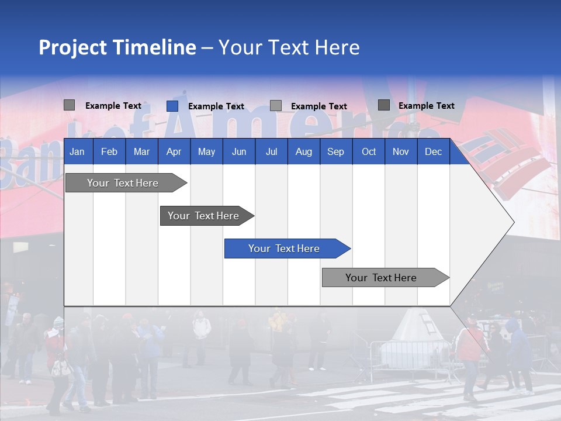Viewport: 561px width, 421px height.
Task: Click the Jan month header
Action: [x=77, y=152]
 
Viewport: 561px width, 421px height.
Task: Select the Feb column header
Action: [x=109, y=152]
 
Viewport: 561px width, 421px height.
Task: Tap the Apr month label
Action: [x=174, y=152]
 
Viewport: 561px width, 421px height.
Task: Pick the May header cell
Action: [x=206, y=152]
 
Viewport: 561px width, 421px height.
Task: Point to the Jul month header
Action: [x=271, y=152]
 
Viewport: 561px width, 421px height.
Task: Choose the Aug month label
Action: [x=303, y=152]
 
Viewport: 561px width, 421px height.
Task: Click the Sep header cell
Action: [x=335, y=152]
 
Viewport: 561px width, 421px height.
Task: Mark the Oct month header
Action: [x=369, y=152]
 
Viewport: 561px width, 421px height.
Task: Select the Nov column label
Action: [x=401, y=152]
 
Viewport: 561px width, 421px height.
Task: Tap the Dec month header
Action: [x=433, y=152]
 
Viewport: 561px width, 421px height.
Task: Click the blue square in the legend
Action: [x=172, y=106]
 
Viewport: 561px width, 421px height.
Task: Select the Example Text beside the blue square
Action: [x=216, y=106]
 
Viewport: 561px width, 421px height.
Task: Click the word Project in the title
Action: [x=72, y=47]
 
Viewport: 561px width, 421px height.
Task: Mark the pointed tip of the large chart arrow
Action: [x=513, y=222]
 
